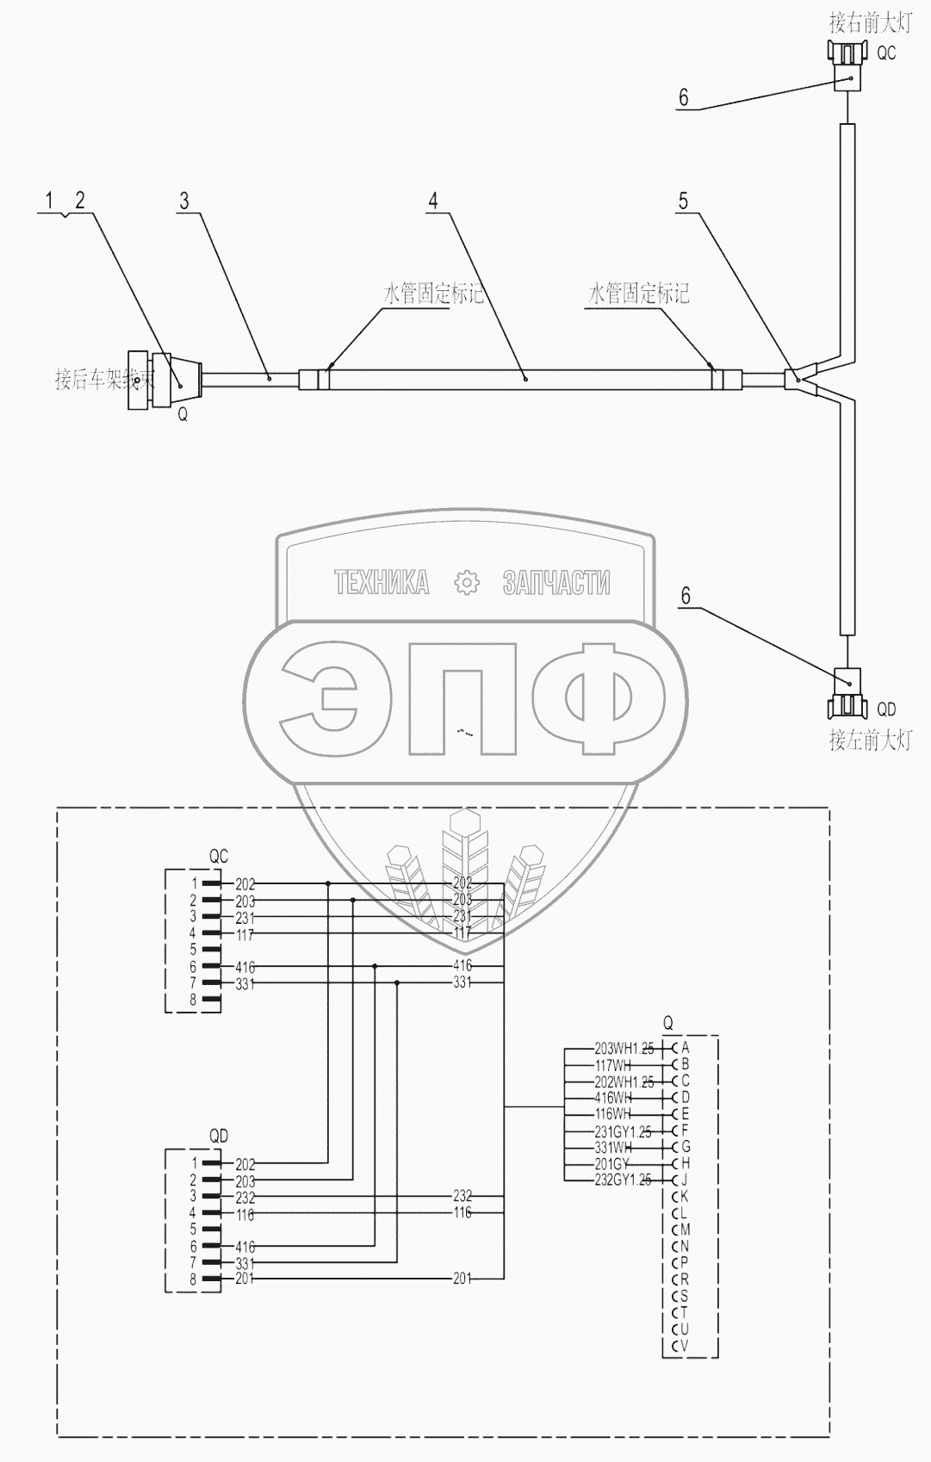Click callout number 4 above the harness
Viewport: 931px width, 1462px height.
(433, 201)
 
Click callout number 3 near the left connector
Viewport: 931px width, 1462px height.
(183, 201)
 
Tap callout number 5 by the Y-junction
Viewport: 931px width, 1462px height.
(683, 201)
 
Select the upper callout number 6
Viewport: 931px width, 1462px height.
(684, 97)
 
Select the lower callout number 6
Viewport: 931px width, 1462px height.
(686, 596)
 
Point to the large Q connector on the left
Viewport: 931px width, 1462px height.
(164, 379)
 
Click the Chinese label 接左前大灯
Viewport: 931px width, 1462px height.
(869, 740)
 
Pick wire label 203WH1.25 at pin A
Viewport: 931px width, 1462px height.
(624, 1049)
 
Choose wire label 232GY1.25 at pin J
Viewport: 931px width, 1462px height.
(624, 1180)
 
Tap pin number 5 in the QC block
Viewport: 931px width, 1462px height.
(194, 950)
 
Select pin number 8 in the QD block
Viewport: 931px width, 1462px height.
(194, 1279)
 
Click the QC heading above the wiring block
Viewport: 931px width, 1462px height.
(219, 857)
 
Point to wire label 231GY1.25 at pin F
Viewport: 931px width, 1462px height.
(624, 1131)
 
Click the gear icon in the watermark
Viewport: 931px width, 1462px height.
(466, 583)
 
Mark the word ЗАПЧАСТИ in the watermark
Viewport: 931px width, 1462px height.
(556, 583)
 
